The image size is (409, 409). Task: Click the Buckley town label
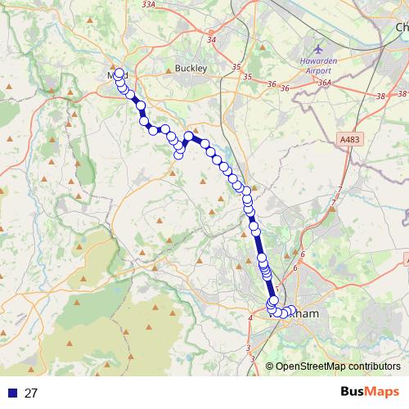tap(191, 69)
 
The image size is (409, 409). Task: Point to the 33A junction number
tap(148, 4)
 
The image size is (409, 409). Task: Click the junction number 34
tap(213, 39)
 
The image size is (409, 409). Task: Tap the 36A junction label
tap(324, 83)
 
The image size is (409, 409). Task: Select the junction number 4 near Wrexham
tap(249, 318)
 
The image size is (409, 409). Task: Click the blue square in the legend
tap(11, 393)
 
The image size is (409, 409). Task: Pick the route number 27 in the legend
tap(31, 393)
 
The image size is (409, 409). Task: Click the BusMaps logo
tap(370, 393)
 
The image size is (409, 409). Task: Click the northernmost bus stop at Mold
tap(119, 72)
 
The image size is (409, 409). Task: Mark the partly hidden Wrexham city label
tap(307, 313)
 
